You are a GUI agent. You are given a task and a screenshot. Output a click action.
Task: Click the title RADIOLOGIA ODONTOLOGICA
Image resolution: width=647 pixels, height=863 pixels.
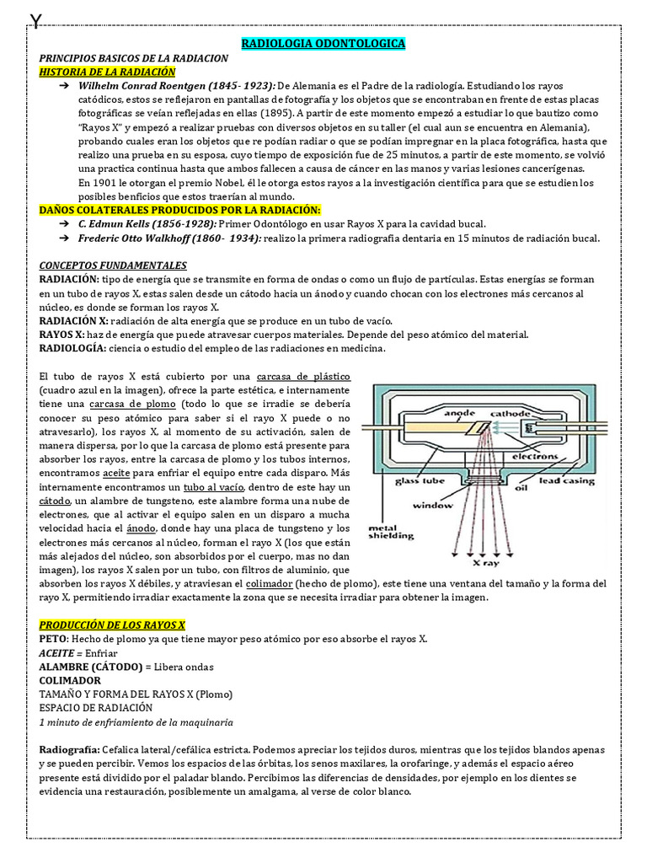click(x=323, y=43)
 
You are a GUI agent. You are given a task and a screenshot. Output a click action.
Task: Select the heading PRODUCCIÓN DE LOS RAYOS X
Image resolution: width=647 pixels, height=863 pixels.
click(x=112, y=624)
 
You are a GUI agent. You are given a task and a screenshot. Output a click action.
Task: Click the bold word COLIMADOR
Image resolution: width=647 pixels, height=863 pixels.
click(x=70, y=679)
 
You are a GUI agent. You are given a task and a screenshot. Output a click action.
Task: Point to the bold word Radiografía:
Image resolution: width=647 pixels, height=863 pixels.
click(x=70, y=749)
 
